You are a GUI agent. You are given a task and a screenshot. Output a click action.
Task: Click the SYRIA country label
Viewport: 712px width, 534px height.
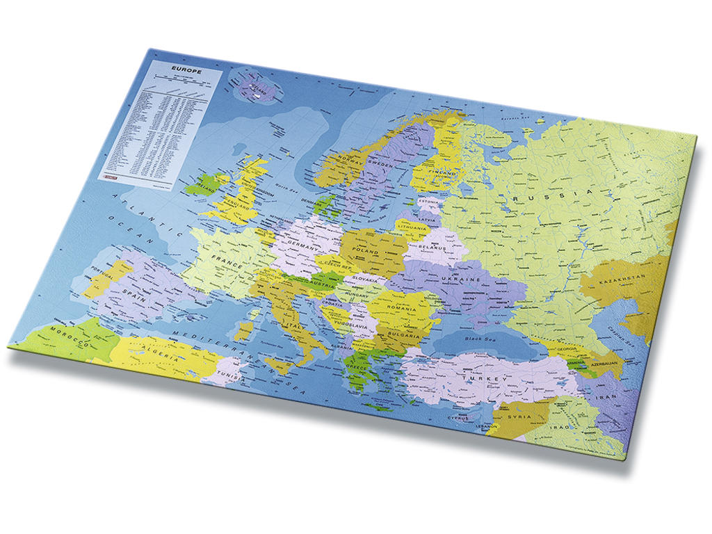(x=518, y=417)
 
